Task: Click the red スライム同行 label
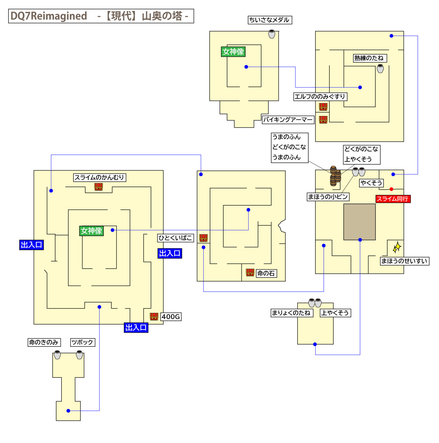coord(393,199)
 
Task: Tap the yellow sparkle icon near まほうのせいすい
coord(397,247)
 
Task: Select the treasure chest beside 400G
coord(154,317)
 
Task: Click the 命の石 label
coord(266,273)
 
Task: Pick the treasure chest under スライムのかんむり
coord(98,187)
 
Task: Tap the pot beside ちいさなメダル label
coord(272,34)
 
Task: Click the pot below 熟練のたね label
coord(380,68)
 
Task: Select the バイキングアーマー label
coord(288,119)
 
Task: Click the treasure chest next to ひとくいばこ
coord(204,238)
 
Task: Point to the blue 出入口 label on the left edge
coord(31,245)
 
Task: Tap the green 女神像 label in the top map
coord(233,51)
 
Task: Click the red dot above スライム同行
coord(391,189)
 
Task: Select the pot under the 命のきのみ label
coord(57,355)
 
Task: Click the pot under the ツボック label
coord(80,355)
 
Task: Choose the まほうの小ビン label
coord(328,197)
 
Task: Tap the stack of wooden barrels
coord(335,176)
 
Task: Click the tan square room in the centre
coord(359,222)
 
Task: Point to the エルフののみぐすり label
coord(320,97)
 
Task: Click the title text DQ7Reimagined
coord(49,16)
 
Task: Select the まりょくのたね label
coord(291,313)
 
